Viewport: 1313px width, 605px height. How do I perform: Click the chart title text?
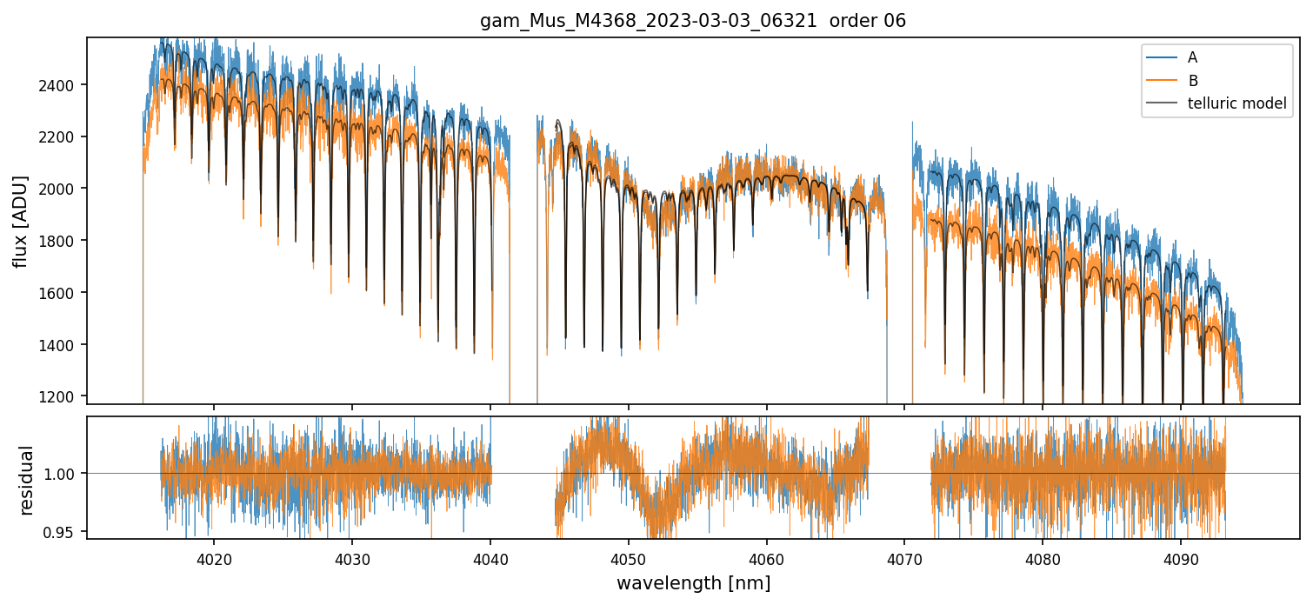click(693, 21)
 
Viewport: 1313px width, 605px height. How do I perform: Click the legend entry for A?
click(1192, 57)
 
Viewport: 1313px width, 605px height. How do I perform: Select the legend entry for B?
click(1192, 81)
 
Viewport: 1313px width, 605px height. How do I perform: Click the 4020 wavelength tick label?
click(214, 556)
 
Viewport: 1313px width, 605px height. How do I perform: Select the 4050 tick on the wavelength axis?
click(628, 556)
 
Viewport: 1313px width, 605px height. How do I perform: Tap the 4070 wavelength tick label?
click(904, 556)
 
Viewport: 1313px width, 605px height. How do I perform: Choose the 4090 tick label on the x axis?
click(1181, 556)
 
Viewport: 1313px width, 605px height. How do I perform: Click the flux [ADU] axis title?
click(20, 221)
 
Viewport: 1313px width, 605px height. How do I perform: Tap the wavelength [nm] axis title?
click(693, 583)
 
